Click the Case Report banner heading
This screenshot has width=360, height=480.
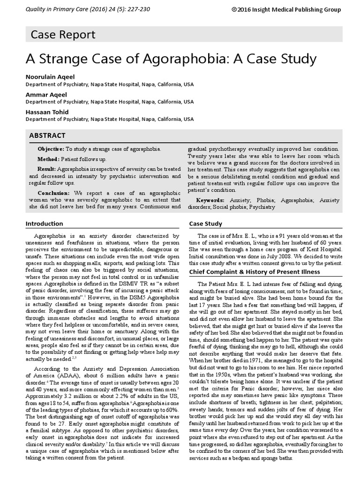click(63, 34)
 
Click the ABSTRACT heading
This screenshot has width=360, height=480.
click(47, 135)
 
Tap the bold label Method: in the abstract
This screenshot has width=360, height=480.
click(49, 159)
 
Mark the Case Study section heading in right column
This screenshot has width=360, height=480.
click(205, 224)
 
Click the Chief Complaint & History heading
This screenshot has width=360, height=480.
click(254, 272)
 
